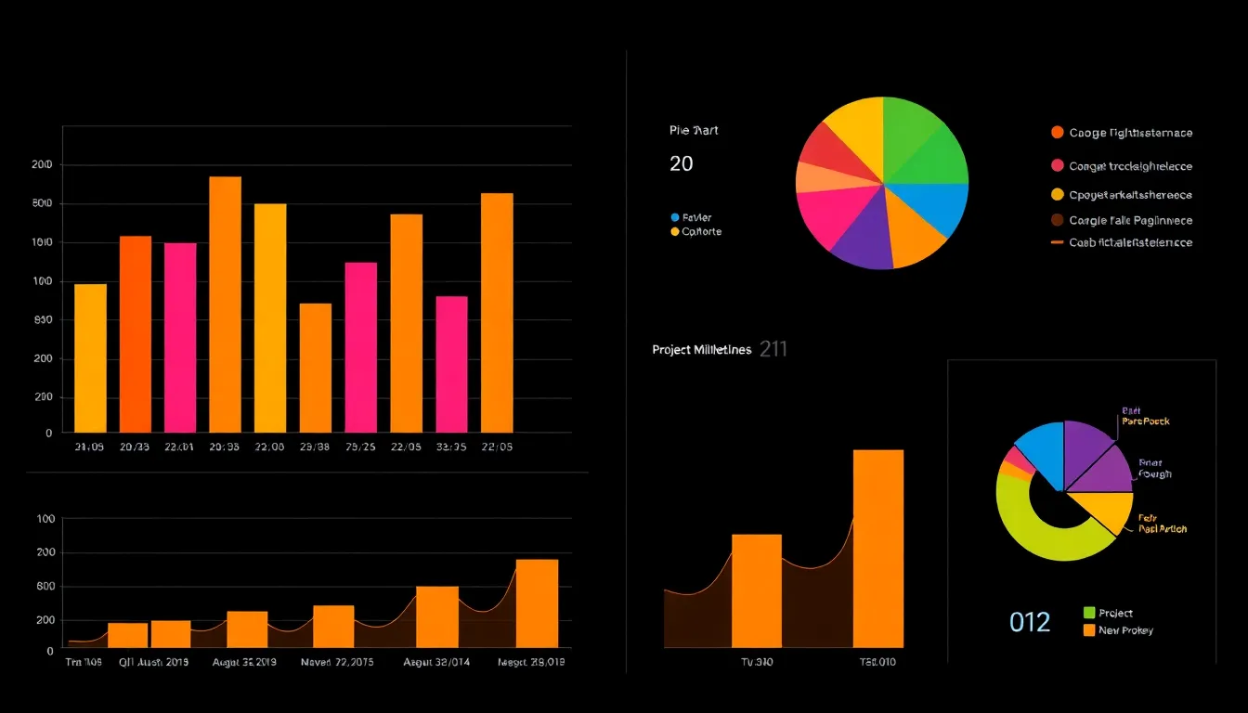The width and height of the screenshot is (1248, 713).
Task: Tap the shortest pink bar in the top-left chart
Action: [x=451, y=364]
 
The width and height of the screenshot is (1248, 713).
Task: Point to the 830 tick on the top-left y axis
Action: [x=42, y=320]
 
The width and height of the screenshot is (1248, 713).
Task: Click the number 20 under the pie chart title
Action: [x=681, y=164]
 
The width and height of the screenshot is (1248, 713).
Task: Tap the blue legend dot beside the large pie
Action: [x=675, y=217]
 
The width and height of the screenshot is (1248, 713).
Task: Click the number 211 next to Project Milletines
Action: [x=773, y=350]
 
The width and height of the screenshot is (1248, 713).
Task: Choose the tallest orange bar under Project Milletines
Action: [x=877, y=548]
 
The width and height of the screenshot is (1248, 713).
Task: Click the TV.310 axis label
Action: [x=757, y=662]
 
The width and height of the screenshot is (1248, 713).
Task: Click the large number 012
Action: [x=1030, y=622]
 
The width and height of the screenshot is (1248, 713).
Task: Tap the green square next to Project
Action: [x=1089, y=613]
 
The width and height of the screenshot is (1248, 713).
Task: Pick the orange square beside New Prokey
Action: [x=1089, y=630]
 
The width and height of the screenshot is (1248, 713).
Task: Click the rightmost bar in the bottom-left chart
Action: [x=537, y=603]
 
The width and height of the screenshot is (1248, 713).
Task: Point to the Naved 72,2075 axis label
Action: [x=338, y=663]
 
